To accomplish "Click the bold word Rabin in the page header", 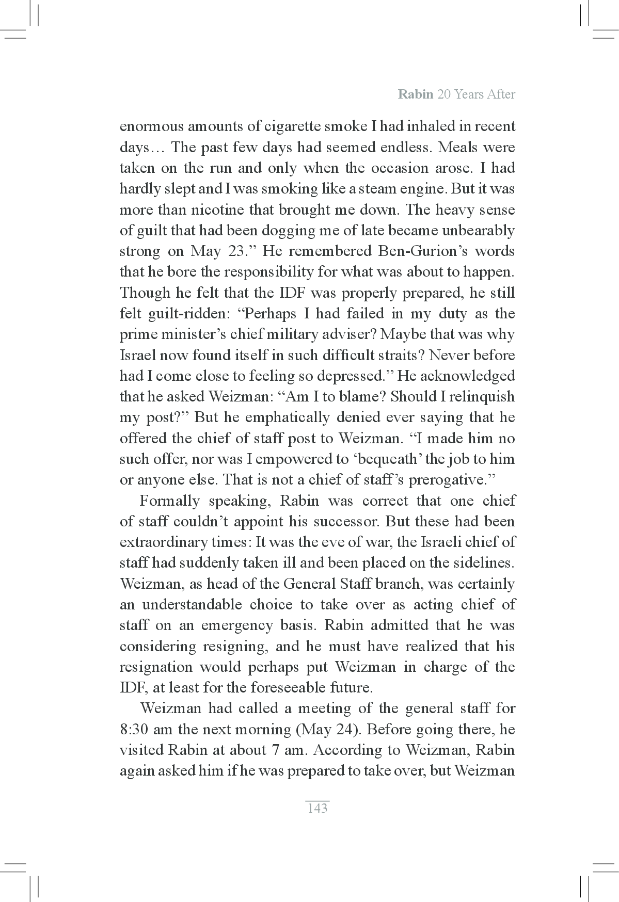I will [416, 94].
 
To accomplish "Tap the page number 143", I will [317, 808].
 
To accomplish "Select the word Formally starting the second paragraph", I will [169, 501].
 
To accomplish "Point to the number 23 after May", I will [238, 251].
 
